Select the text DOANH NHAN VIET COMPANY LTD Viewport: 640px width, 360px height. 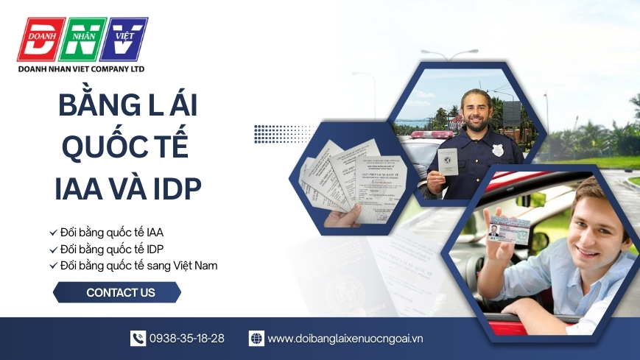[x=81, y=68]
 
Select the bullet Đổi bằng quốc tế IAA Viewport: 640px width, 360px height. [x=106, y=233]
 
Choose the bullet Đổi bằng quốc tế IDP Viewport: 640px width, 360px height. [x=106, y=249]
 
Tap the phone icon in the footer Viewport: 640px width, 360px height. [x=138, y=339]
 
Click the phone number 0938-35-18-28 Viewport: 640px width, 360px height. [x=187, y=339]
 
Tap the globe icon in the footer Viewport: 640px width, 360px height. [x=256, y=339]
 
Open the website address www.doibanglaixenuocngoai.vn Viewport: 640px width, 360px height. [x=345, y=339]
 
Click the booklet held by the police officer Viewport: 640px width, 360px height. [x=448, y=161]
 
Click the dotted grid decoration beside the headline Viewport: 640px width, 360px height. [x=275, y=134]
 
